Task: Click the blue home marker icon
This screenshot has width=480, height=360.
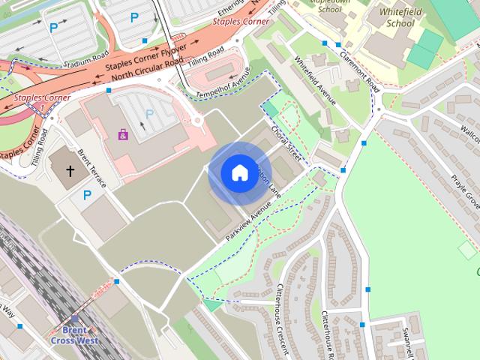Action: coord(238,173)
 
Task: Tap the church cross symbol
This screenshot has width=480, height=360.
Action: coord(70,171)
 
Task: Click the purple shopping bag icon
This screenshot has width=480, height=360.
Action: coord(122,135)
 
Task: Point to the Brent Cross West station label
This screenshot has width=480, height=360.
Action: coord(74,334)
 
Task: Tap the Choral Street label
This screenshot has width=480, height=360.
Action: coord(287,145)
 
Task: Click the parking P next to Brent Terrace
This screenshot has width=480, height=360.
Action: coord(87,195)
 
